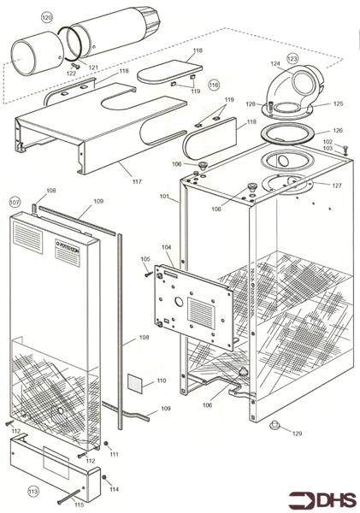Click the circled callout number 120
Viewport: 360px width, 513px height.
tap(47, 17)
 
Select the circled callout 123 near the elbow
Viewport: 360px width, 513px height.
tap(292, 59)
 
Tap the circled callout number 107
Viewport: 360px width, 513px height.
tap(15, 202)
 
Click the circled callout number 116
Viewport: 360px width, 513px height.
tap(214, 85)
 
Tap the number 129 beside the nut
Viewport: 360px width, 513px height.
tap(297, 434)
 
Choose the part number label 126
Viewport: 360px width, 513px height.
tap(338, 131)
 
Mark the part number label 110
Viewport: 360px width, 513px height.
tap(162, 380)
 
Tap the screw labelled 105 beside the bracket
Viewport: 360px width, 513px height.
tap(149, 274)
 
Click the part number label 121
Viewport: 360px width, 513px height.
tap(93, 67)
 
